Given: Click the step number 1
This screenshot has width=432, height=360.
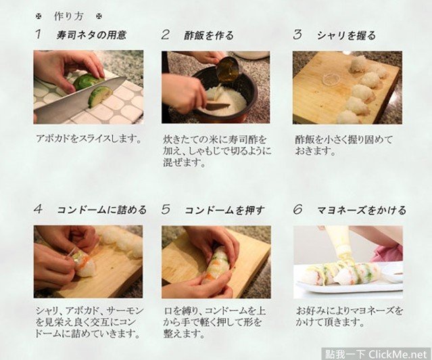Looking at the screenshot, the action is [x=39, y=35].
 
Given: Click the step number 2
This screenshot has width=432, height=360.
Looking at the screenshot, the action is [x=165, y=35].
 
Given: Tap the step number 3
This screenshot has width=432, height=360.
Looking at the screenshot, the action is [x=297, y=35].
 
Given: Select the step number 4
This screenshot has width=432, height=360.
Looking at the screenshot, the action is [x=39, y=209].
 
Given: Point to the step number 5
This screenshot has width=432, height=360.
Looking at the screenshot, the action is [x=166, y=210].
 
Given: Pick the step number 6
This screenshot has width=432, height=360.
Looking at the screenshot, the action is [x=298, y=210].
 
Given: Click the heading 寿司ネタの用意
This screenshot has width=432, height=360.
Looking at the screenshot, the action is [x=91, y=35].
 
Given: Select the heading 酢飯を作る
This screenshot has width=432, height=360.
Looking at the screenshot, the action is [x=208, y=36].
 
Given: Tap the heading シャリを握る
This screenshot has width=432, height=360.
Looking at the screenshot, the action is [x=346, y=36].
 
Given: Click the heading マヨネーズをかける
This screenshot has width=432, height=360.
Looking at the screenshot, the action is [x=362, y=210].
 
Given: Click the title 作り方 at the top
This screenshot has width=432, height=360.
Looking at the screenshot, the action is [x=68, y=16].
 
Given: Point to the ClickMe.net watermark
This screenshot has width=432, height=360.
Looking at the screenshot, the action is [x=377, y=354].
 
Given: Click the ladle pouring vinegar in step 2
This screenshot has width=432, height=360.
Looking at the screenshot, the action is [x=226, y=68].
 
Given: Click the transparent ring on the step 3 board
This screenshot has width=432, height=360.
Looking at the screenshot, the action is [x=329, y=79].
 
